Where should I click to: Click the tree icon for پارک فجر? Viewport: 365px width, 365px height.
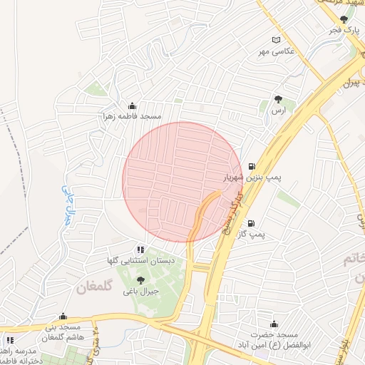[x=345, y=20]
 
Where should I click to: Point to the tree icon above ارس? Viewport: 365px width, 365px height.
[x=278, y=100]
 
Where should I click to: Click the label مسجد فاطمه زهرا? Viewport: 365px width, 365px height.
[x=131, y=116]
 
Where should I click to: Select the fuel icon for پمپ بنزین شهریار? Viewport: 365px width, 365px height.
[x=252, y=167]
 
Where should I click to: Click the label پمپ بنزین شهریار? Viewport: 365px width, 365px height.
[x=250, y=178]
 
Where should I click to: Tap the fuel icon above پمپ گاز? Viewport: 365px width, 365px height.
[x=252, y=223]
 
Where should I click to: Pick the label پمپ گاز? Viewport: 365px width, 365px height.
[x=251, y=234]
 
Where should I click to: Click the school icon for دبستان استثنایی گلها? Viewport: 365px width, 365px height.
[x=140, y=250]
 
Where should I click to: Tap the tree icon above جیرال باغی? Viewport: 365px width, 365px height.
[x=140, y=280]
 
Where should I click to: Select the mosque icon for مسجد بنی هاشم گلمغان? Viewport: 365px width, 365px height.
[x=63, y=316]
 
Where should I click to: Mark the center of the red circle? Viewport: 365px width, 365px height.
[x=182, y=182]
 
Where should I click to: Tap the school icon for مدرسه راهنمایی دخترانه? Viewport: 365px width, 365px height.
[x=10, y=341]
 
